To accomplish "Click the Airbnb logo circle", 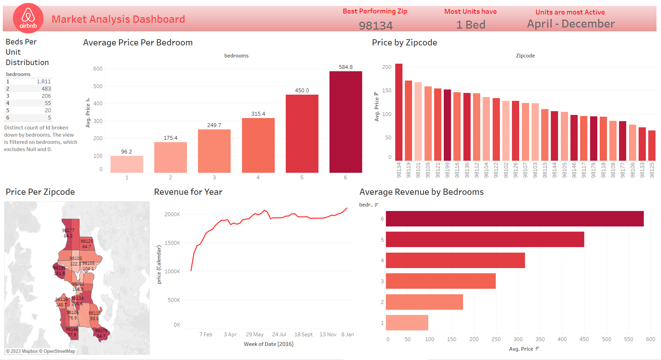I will [28, 18].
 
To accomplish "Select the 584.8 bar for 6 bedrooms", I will [345, 122].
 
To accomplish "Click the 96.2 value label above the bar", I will [126, 152].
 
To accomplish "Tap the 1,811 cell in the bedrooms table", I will [44, 82].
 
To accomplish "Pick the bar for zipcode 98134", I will [399, 112].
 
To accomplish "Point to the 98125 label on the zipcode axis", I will [652, 170].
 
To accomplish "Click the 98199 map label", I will [59, 268].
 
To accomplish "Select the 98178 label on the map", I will [101, 331].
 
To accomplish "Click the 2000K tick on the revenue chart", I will [172, 214].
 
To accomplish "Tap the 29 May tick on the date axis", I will [254, 335].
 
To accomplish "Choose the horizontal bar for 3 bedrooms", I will [440, 281].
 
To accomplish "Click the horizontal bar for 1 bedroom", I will [407, 323].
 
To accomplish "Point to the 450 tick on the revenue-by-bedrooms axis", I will [584, 339].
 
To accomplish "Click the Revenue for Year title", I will [188, 192].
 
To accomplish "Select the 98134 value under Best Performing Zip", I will [376, 25].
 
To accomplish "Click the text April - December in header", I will [570, 24].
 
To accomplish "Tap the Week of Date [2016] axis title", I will [269, 344].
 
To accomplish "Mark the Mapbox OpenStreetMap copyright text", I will [40, 351].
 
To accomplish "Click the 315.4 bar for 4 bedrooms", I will [258, 145].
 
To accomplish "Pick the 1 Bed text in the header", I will [470, 25].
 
